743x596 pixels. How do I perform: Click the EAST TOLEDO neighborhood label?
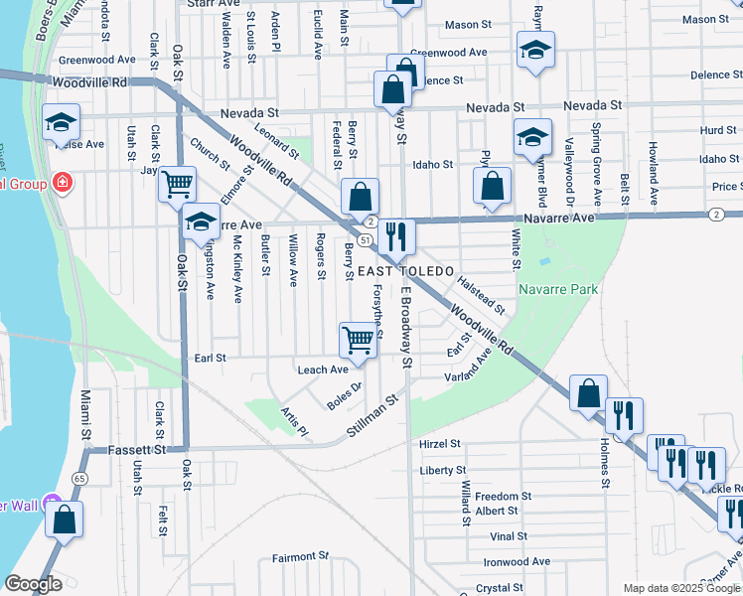(x=405, y=271)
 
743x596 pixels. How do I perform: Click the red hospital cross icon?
(x=63, y=183)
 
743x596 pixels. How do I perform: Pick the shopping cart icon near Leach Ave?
(x=358, y=340)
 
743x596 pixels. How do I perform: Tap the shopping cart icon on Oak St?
(x=178, y=184)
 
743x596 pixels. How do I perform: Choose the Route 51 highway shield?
(x=366, y=240)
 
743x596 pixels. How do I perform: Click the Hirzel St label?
(x=441, y=444)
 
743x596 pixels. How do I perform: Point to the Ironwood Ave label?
(x=520, y=561)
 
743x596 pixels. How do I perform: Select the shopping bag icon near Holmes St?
(x=589, y=392)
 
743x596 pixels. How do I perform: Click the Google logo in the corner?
(x=33, y=584)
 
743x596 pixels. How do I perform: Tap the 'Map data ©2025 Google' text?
(x=680, y=588)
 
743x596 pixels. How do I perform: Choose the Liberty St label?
(x=443, y=470)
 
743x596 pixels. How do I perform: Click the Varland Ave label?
(x=468, y=371)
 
